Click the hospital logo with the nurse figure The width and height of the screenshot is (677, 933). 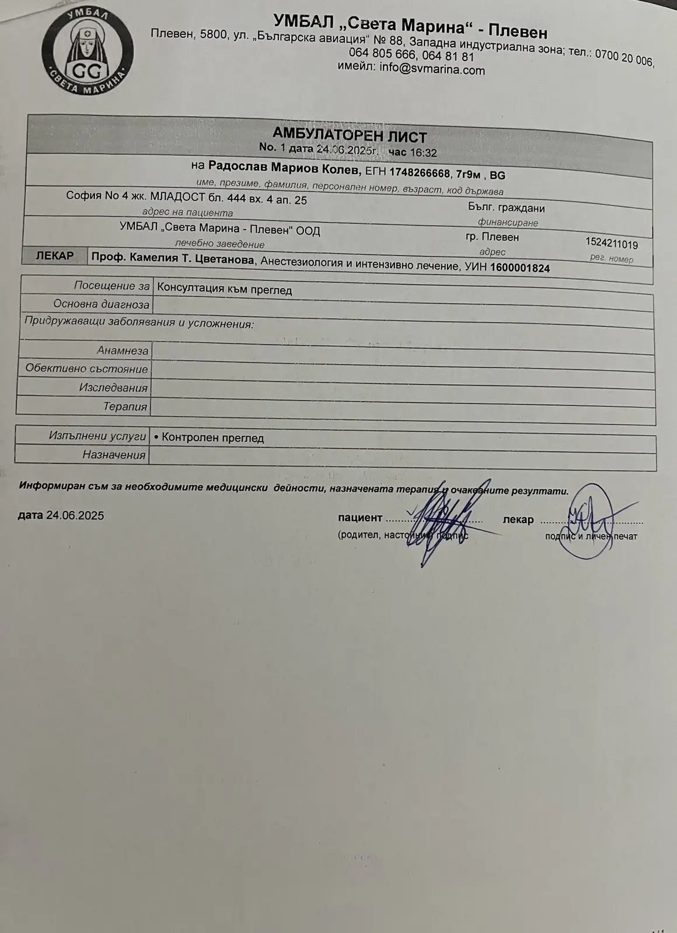pos(88,52)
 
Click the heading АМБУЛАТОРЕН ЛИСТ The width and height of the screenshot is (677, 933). pos(350,137)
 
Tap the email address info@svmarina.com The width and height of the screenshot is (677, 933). pos(432,70)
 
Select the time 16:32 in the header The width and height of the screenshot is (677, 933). pos(424,153)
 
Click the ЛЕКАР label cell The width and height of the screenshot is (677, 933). pos(55,255)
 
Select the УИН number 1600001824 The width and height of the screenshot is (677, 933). pos(520,268)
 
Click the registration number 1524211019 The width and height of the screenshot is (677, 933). pos(611,244)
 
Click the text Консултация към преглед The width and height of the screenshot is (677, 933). pos(225,290)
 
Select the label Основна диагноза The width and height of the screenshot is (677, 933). pos(101,304)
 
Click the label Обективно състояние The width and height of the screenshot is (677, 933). pos(87,369)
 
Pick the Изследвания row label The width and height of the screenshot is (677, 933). pos(113,387)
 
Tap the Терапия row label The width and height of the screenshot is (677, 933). pos(125,406)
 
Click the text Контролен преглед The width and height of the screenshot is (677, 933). pos(212,437)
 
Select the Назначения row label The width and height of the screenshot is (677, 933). pos(114,454)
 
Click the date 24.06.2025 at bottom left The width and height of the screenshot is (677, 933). pos(75,515)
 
